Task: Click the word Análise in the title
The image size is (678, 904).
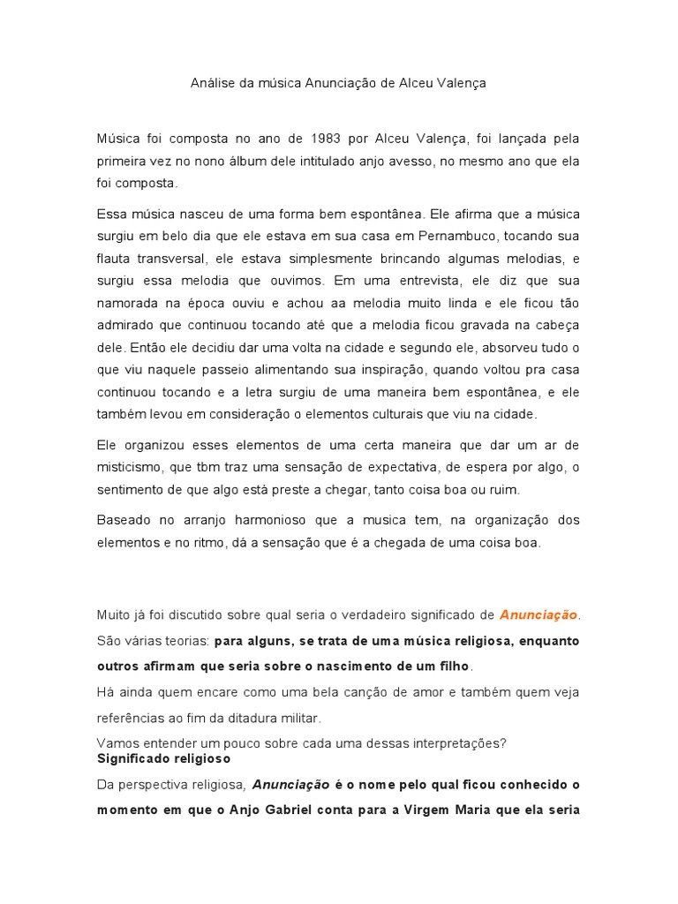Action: (212, 83)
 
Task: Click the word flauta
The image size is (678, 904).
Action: (115, 259)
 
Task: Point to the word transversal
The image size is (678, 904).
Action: (174, 259)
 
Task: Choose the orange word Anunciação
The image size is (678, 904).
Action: (538, 614)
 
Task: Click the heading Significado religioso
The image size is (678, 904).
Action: (163, 758)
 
